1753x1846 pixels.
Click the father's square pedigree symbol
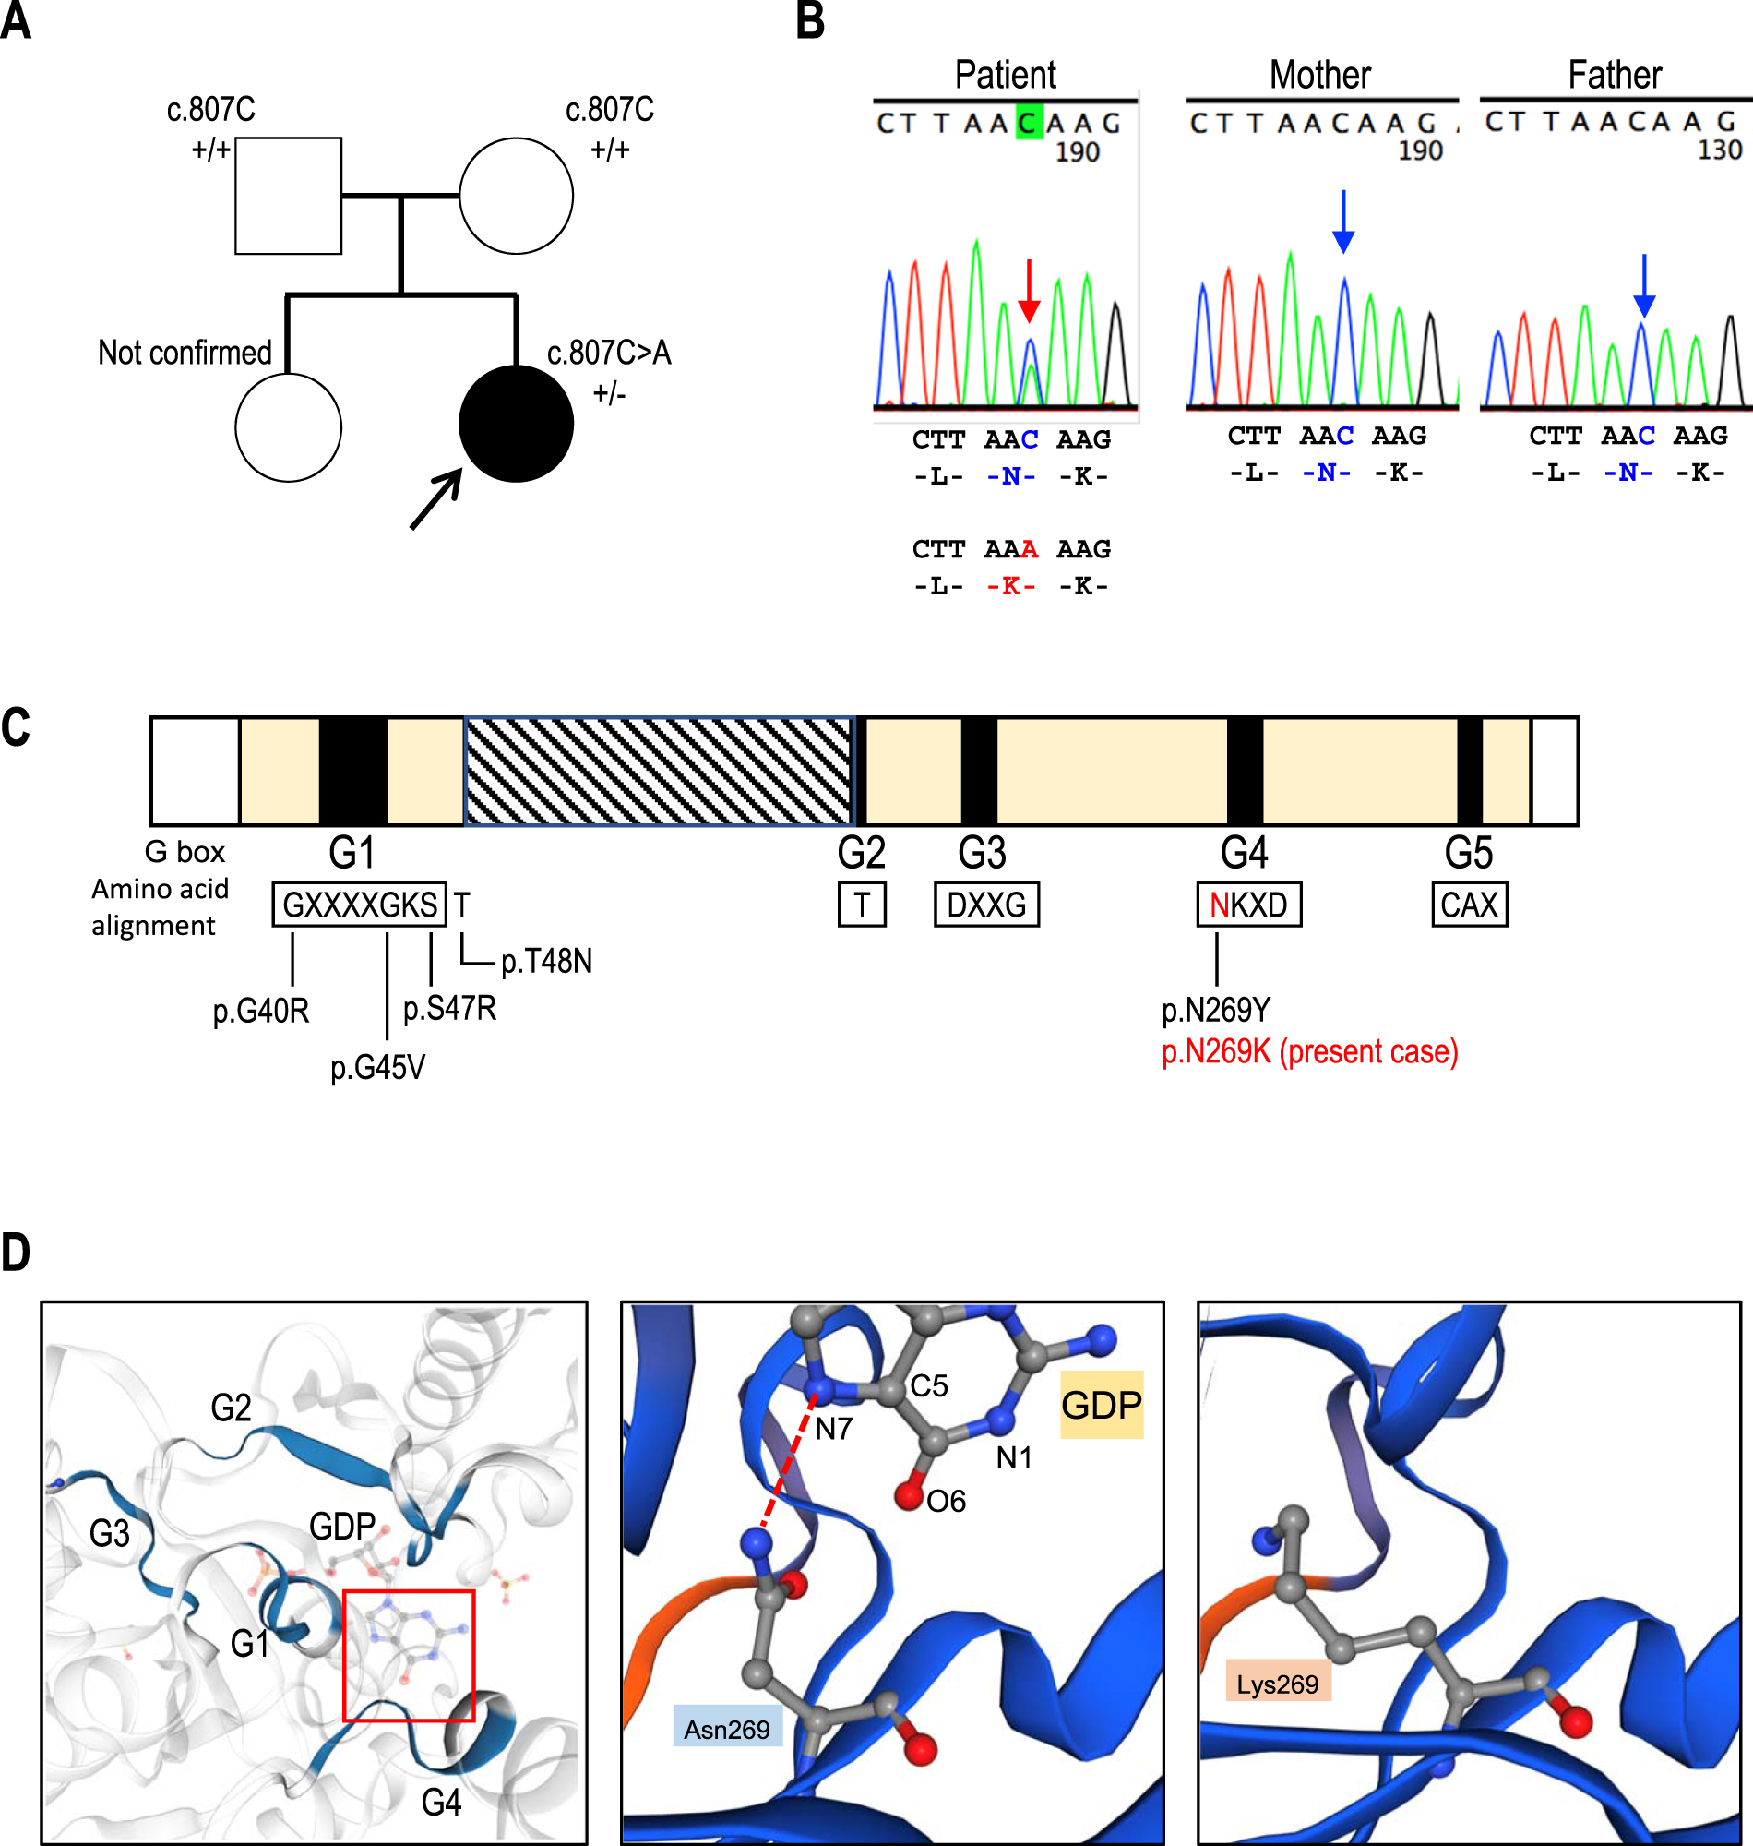click(x=288, y=196)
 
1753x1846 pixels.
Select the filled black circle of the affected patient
click(x=516, y=425)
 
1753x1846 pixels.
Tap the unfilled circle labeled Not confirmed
click(x=288, y=427)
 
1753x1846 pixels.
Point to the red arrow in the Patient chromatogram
click(x=1028, y=291)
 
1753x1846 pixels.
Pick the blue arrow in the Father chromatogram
click(x=1644, y=285)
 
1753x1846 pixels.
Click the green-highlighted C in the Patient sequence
click(x=1028, y=124)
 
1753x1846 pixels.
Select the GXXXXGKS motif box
click(x=359, y=905)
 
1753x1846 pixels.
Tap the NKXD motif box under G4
click(x=1248, y=905)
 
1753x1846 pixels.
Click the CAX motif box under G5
click(x=1469, y=905)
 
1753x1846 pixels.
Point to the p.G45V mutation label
click(x=377, y=1067)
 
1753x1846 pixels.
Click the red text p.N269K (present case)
click(x=1309, y=1051)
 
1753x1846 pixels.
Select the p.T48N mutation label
click(x=546, y=961)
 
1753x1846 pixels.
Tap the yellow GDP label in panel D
click(x=1101, y=1405)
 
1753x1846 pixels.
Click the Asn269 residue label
click(x=727, y=1729)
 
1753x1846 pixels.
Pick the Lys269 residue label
click(x=1277, y=1684)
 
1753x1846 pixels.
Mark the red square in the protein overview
click(x=409, y=1655)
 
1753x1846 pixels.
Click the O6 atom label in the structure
click(x=946, y=1501)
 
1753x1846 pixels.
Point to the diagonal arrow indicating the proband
click(x=436, y=498)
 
